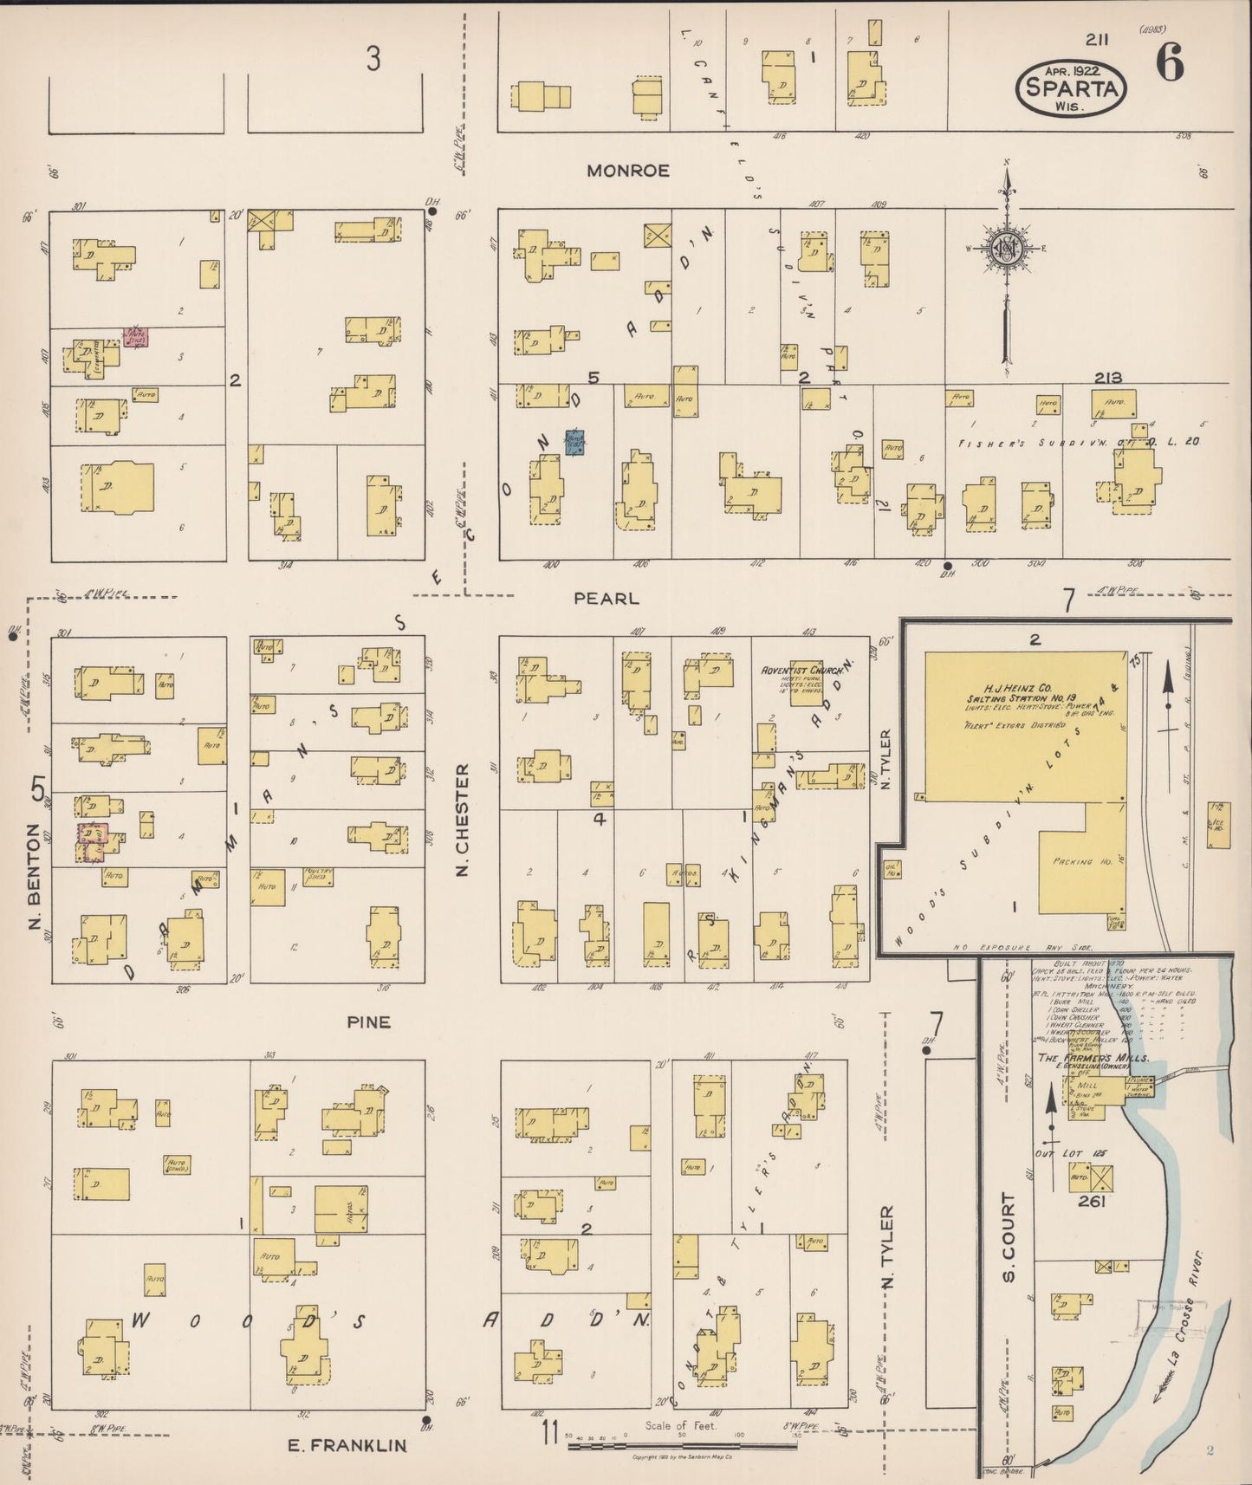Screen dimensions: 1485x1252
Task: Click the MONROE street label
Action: coord(628,171)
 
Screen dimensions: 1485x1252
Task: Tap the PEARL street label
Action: coord(607,598)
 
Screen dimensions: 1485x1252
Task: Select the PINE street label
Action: coord(368,1021)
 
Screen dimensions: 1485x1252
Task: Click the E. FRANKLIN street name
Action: coord(347,1445)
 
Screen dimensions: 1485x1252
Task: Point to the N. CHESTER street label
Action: coord(463,819)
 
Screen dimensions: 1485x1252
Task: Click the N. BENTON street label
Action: coord(35,878)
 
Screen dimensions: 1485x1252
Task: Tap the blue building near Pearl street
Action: coord(575,442)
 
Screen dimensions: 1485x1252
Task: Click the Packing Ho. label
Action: coord(1071,862)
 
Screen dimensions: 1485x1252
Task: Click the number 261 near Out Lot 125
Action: coord(1091,1202)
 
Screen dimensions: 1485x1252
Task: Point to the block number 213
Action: coord(1108,378)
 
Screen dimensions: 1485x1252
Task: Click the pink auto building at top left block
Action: coord(136,337)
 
